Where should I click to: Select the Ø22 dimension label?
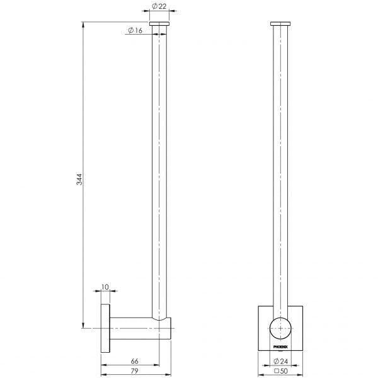tap(159, 6)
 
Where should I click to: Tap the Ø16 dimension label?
tap(134, 30)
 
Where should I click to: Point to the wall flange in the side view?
tap(105, 328)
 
